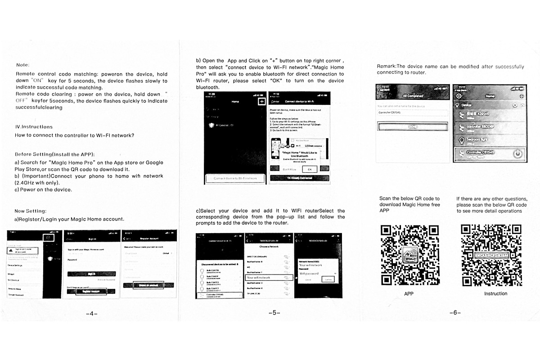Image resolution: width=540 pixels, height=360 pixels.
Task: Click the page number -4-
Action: [91, 313]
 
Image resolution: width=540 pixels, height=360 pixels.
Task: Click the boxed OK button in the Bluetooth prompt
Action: [309, 169]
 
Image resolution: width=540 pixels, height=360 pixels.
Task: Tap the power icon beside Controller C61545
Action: [518, 154]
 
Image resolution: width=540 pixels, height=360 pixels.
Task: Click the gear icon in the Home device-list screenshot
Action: [459, 96]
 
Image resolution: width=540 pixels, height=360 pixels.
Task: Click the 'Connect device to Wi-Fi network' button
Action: [232, 178]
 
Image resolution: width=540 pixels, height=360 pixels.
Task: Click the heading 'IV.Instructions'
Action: [34, 127]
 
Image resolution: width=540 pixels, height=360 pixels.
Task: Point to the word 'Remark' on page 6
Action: [386, 67]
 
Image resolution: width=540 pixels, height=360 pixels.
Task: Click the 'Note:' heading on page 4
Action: [22, 65]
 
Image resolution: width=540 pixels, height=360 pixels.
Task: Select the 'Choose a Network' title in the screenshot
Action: [268, 247]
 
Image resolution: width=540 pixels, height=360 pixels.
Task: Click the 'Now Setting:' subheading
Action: [30, 211]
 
